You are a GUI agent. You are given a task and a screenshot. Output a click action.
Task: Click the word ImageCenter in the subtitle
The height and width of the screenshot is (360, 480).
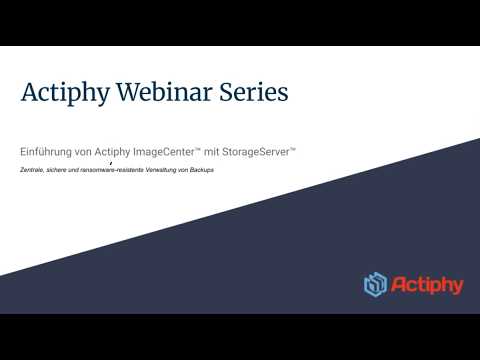[165, 151]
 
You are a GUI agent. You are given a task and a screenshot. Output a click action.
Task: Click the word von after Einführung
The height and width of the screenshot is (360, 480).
[89, 151]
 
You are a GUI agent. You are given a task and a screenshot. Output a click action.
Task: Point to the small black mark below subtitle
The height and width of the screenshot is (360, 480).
[110, 161]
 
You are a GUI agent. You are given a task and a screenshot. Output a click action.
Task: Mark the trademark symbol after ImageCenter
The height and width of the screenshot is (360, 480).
[199, 148]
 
